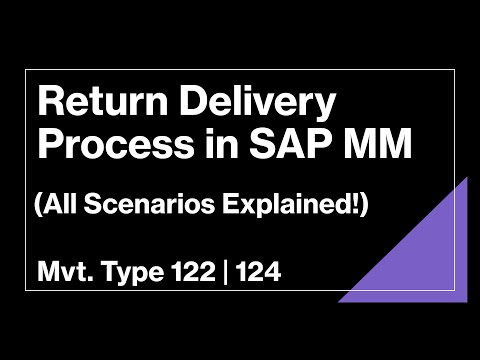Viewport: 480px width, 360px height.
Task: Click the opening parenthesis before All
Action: pos(37,207)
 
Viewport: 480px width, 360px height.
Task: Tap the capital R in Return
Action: pos(47,104)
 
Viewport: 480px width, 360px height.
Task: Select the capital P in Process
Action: pos(47,148)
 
